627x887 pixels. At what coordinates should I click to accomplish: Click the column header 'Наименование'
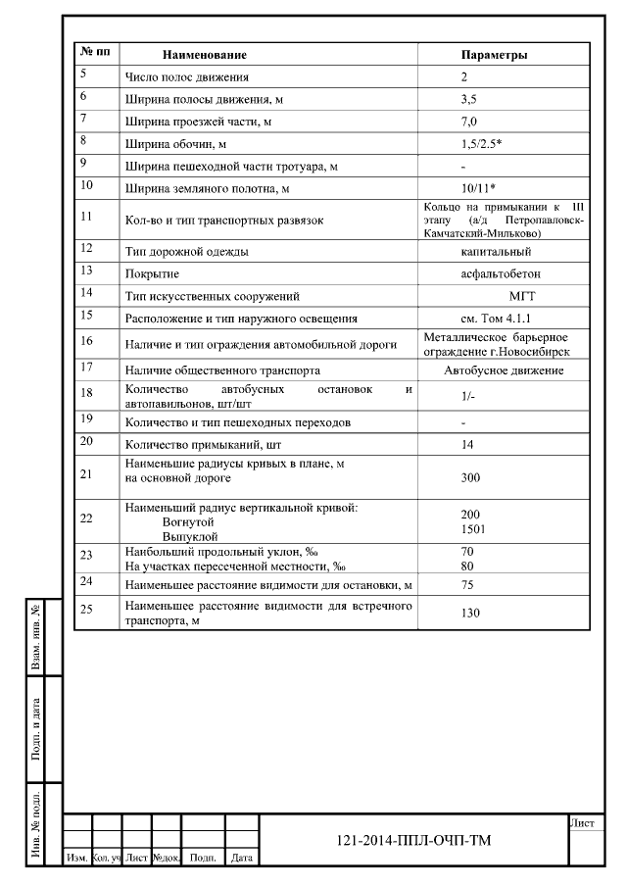(204, 55)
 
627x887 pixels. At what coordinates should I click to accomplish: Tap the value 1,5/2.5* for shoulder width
(481, 143)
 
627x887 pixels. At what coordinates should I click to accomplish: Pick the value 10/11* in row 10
(477, 186)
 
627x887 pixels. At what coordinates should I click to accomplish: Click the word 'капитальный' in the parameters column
(495, 252)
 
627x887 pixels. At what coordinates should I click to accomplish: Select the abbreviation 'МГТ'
(522, 296)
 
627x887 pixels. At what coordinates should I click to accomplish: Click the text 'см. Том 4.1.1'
(495, 319)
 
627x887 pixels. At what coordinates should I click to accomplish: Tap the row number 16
(86, 341)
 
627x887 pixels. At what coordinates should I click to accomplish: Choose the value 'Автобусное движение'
(504, 370)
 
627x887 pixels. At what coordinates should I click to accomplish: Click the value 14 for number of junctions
(466, 445)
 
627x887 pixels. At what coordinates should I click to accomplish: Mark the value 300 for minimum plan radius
(469, 477)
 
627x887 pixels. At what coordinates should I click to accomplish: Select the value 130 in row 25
(469, 613)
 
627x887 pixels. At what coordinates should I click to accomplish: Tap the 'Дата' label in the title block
(242, 858)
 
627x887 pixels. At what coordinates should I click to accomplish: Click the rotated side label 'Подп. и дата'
(36, 729)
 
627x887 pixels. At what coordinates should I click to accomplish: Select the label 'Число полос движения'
(187, 76)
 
